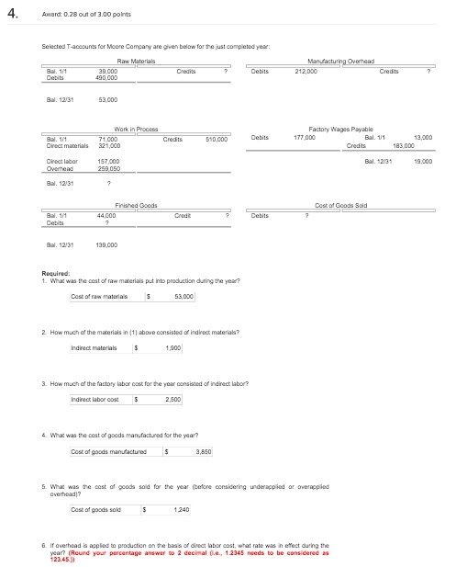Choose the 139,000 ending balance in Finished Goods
click(x=107, y=245)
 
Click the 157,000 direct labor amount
click(x=107, y=161)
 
